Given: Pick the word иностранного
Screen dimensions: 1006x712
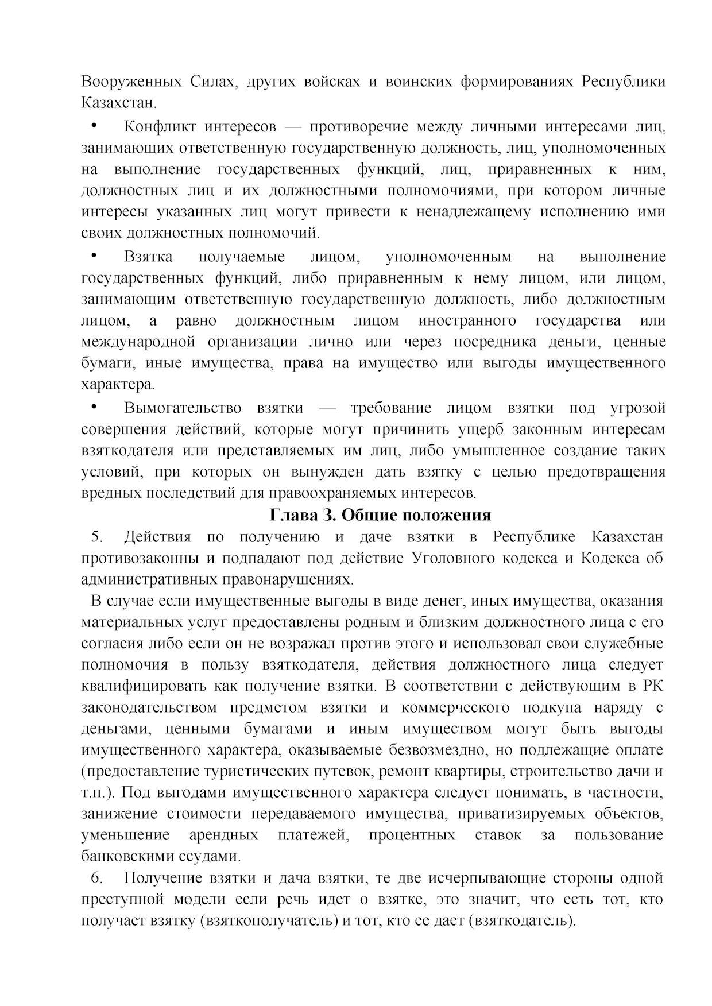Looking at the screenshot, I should [467, 320].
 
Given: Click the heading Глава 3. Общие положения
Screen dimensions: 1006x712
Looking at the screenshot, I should [380, 515].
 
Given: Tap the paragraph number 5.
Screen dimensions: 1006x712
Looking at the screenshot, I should [96, 537].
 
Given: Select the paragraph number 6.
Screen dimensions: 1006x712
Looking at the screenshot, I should [96, 878].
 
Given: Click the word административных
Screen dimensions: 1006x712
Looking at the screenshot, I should [146, 579].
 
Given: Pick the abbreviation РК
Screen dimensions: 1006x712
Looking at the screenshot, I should [653, 686].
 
